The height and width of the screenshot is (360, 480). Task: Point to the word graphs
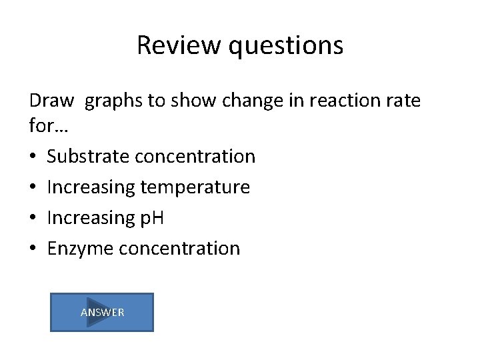(x=114, y=102)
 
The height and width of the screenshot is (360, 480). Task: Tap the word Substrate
(x=88, y=157)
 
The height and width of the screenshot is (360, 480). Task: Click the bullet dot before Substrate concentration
(x=33, y=157)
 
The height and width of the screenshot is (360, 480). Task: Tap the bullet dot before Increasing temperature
(x=33, y=188)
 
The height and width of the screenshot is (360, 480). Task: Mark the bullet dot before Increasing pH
(x=33, y=219)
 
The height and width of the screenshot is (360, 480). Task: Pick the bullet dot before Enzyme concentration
(x=33, y=249)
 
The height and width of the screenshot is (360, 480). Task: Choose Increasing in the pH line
(x=91, y=219)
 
